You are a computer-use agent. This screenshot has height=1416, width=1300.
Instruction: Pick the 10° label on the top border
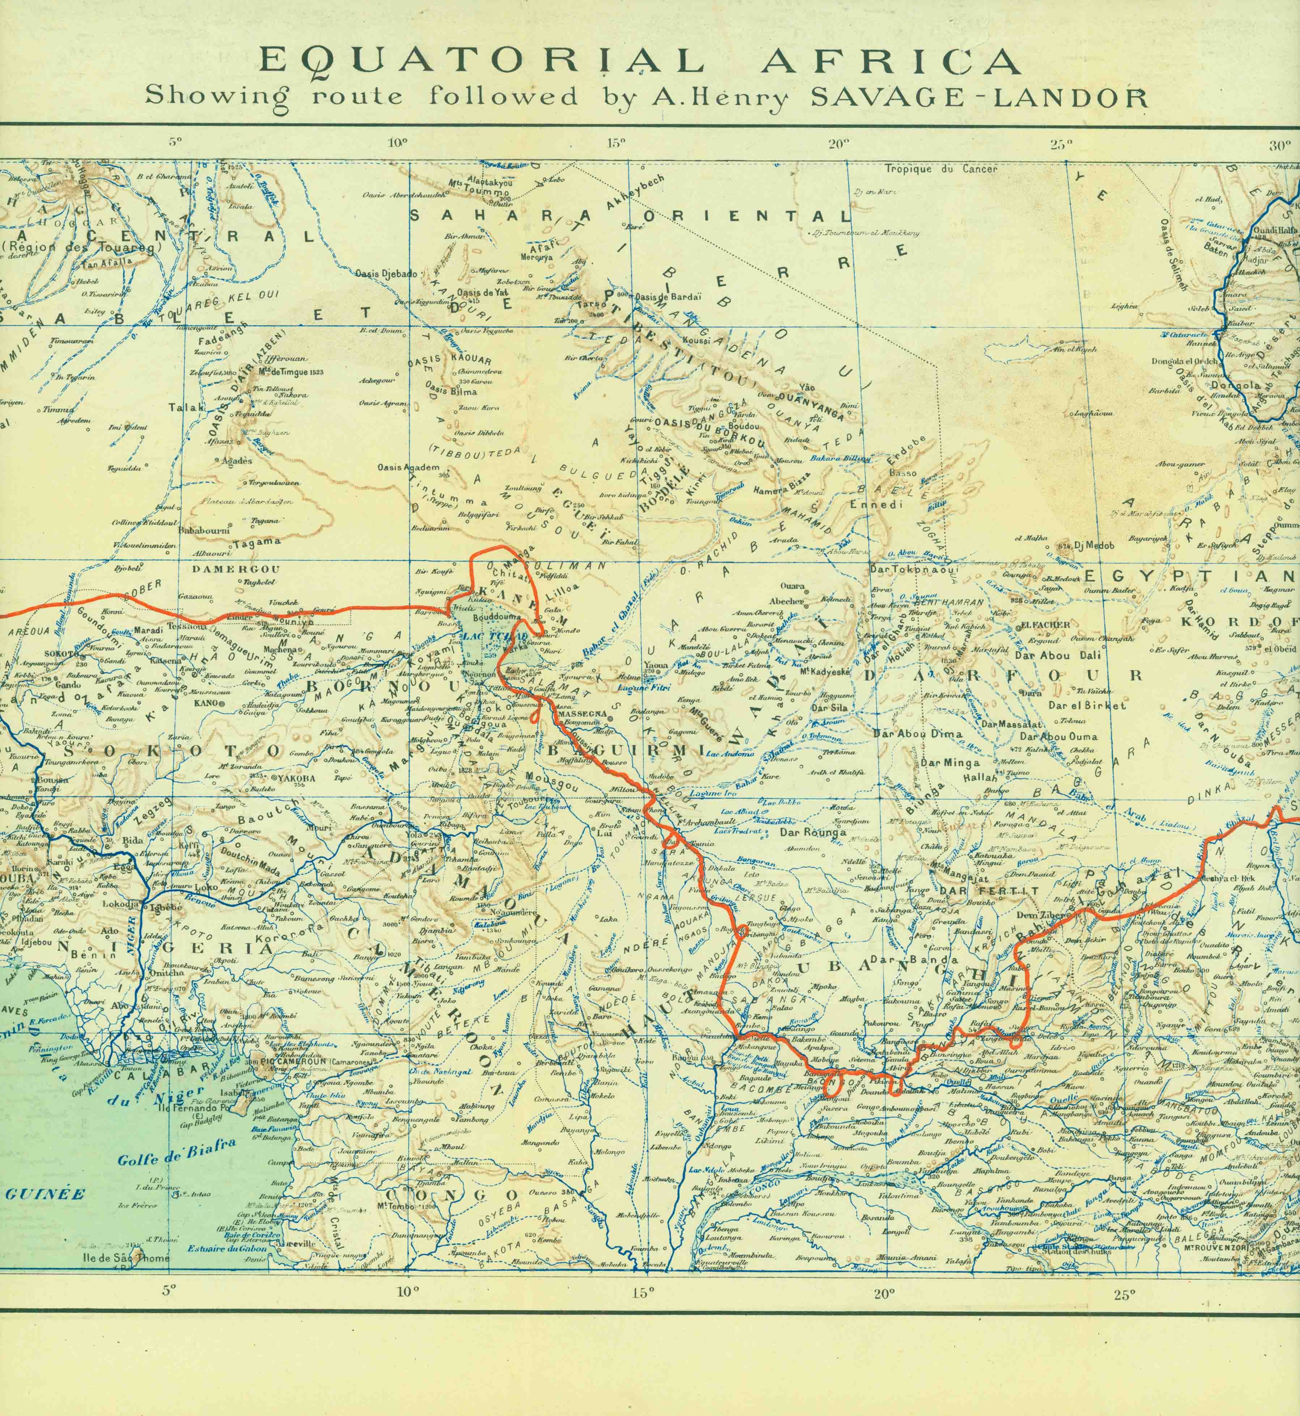(x=398, y=144)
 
